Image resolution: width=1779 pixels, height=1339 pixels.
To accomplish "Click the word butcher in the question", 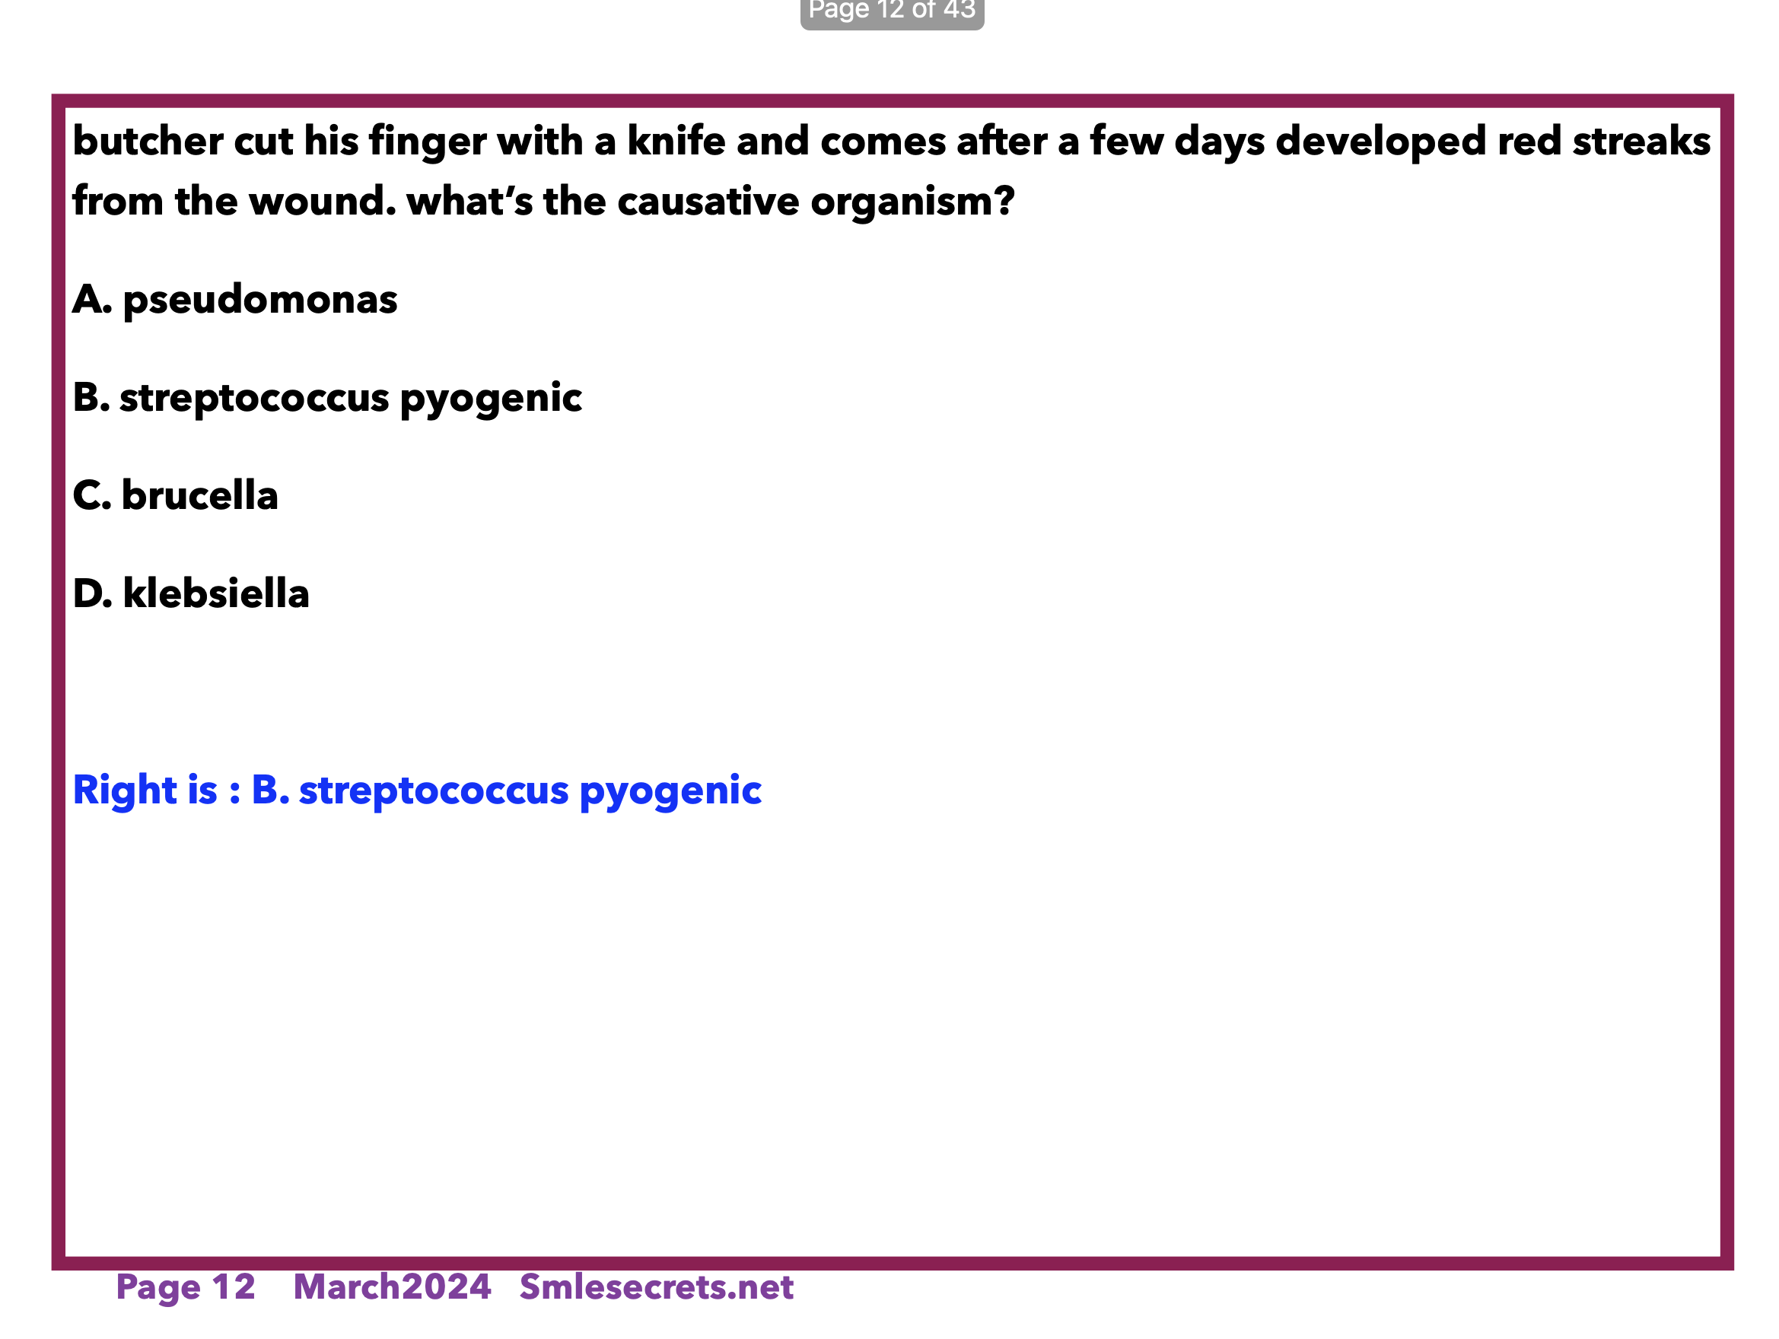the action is (x=148, y=141).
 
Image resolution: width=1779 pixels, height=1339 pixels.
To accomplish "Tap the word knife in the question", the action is (x=676, y=141).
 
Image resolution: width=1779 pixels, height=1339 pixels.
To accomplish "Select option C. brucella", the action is (x=175, y=495).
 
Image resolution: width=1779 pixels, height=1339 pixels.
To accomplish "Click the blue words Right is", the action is (x=145, y=790).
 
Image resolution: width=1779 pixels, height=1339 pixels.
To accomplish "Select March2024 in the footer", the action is (x=393, y=1287).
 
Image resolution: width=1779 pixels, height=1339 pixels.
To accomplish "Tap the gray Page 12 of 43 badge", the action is (x=892, y=13).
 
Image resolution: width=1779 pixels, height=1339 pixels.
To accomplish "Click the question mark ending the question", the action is (x=1005, y=200).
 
